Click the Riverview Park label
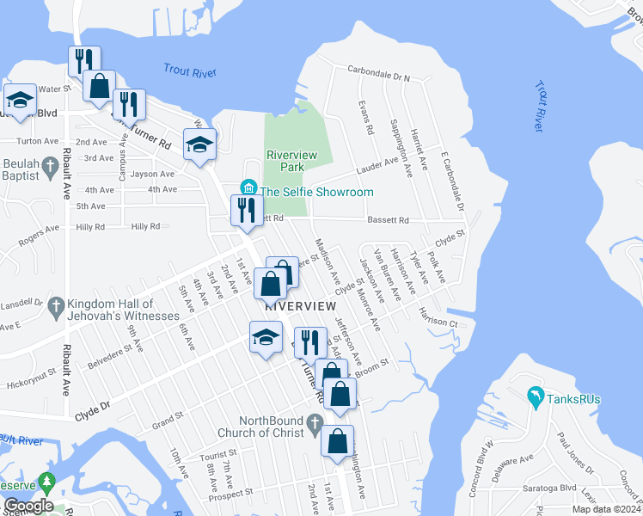(292, 161)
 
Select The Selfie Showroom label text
(316, 192)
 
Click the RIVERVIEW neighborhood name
(300, 306)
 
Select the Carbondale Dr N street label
(379, 76)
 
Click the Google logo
(28, 506)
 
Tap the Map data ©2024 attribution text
(605, 509)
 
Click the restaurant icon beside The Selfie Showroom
(247, 208)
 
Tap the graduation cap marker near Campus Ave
(199, 144)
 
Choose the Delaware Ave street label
(517, 464)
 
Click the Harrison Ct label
(439, 322)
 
